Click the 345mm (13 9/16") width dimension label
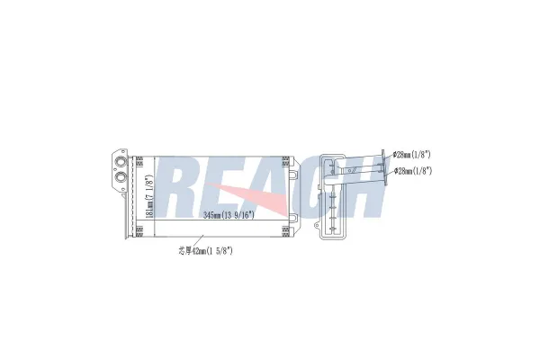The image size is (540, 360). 229,215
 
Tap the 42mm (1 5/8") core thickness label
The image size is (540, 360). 205,251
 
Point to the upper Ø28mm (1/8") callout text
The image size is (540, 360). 412,155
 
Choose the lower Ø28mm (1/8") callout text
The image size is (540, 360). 413,171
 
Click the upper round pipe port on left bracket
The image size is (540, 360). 121,162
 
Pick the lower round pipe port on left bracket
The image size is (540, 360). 121,176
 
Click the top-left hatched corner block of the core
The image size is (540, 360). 139,161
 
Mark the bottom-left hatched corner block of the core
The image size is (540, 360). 139,231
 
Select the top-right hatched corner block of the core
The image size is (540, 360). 286,161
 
